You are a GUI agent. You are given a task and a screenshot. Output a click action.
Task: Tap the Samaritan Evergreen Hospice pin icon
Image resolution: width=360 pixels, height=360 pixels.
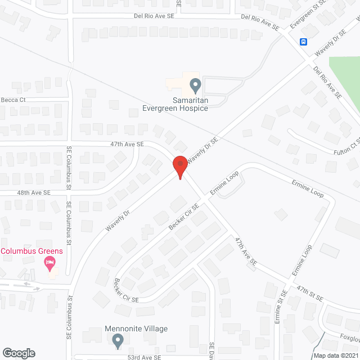196,85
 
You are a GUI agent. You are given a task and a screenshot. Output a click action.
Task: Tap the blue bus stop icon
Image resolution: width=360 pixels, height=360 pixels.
303,42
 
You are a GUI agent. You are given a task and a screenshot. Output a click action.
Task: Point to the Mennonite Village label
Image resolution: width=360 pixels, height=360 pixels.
136,328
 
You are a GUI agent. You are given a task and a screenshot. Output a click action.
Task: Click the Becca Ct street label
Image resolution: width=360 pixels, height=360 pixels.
14,100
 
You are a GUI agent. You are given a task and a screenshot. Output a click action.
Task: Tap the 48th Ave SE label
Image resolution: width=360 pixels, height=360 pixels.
33,192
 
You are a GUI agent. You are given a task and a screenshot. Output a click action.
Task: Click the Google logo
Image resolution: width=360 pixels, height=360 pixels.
19,353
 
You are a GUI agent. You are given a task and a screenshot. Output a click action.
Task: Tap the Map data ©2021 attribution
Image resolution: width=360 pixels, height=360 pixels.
335,355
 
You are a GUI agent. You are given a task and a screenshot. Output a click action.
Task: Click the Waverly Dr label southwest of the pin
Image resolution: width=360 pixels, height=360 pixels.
118,220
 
